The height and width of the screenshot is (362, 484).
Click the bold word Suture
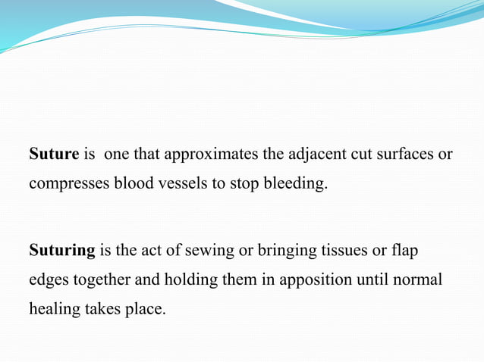54,154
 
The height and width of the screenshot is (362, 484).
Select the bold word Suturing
62,249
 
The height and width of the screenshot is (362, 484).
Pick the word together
103,279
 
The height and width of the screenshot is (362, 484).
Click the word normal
419,279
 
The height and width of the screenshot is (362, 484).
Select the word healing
53,309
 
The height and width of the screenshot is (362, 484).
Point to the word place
143,309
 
